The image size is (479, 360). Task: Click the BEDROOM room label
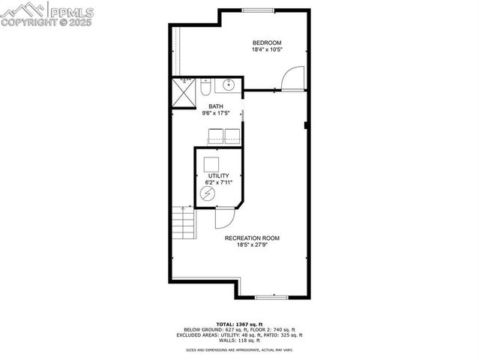pyautogui.click(x=266, y=43)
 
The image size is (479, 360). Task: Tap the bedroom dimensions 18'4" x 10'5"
pyautogui.click(x=266, y=50)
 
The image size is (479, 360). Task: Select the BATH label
pyautogui.click(x=216, y=106)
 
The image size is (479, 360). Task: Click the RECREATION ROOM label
pyautogui.click(x=257, y=238)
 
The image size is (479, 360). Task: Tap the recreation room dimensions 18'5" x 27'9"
pyautogui.click(x=257, y=244)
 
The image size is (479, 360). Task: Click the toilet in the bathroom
pyautogui.click(x=205, y=88)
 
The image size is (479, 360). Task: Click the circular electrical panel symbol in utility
pyautogui.click(x=207, y=194)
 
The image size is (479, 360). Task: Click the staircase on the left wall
pyautogui.click(x=184, y=223)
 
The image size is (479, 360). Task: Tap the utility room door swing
pyautogui.click(x=223, y=217)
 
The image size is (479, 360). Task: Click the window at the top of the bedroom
pyautogui.click(x=257, y=10)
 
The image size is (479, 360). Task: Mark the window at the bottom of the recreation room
pyautogui.click(x=271, y=297)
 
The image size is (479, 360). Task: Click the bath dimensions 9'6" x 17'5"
pyautogui.click(x=216, y=113)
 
